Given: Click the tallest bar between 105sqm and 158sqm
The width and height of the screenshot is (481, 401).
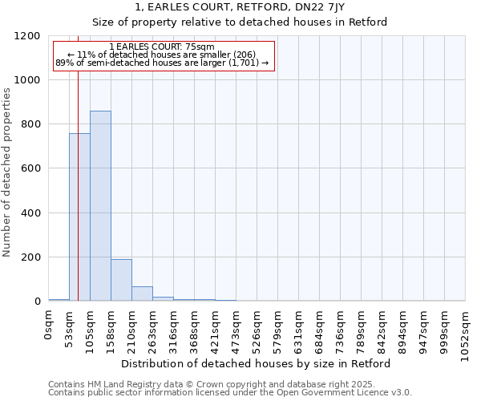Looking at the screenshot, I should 100,206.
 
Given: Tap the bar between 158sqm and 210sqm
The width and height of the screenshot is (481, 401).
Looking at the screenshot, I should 121,280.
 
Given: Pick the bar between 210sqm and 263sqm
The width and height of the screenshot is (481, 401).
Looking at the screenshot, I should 142,294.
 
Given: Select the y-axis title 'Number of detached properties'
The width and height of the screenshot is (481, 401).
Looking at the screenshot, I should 7,173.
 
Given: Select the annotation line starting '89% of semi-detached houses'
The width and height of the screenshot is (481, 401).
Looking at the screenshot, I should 162,63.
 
